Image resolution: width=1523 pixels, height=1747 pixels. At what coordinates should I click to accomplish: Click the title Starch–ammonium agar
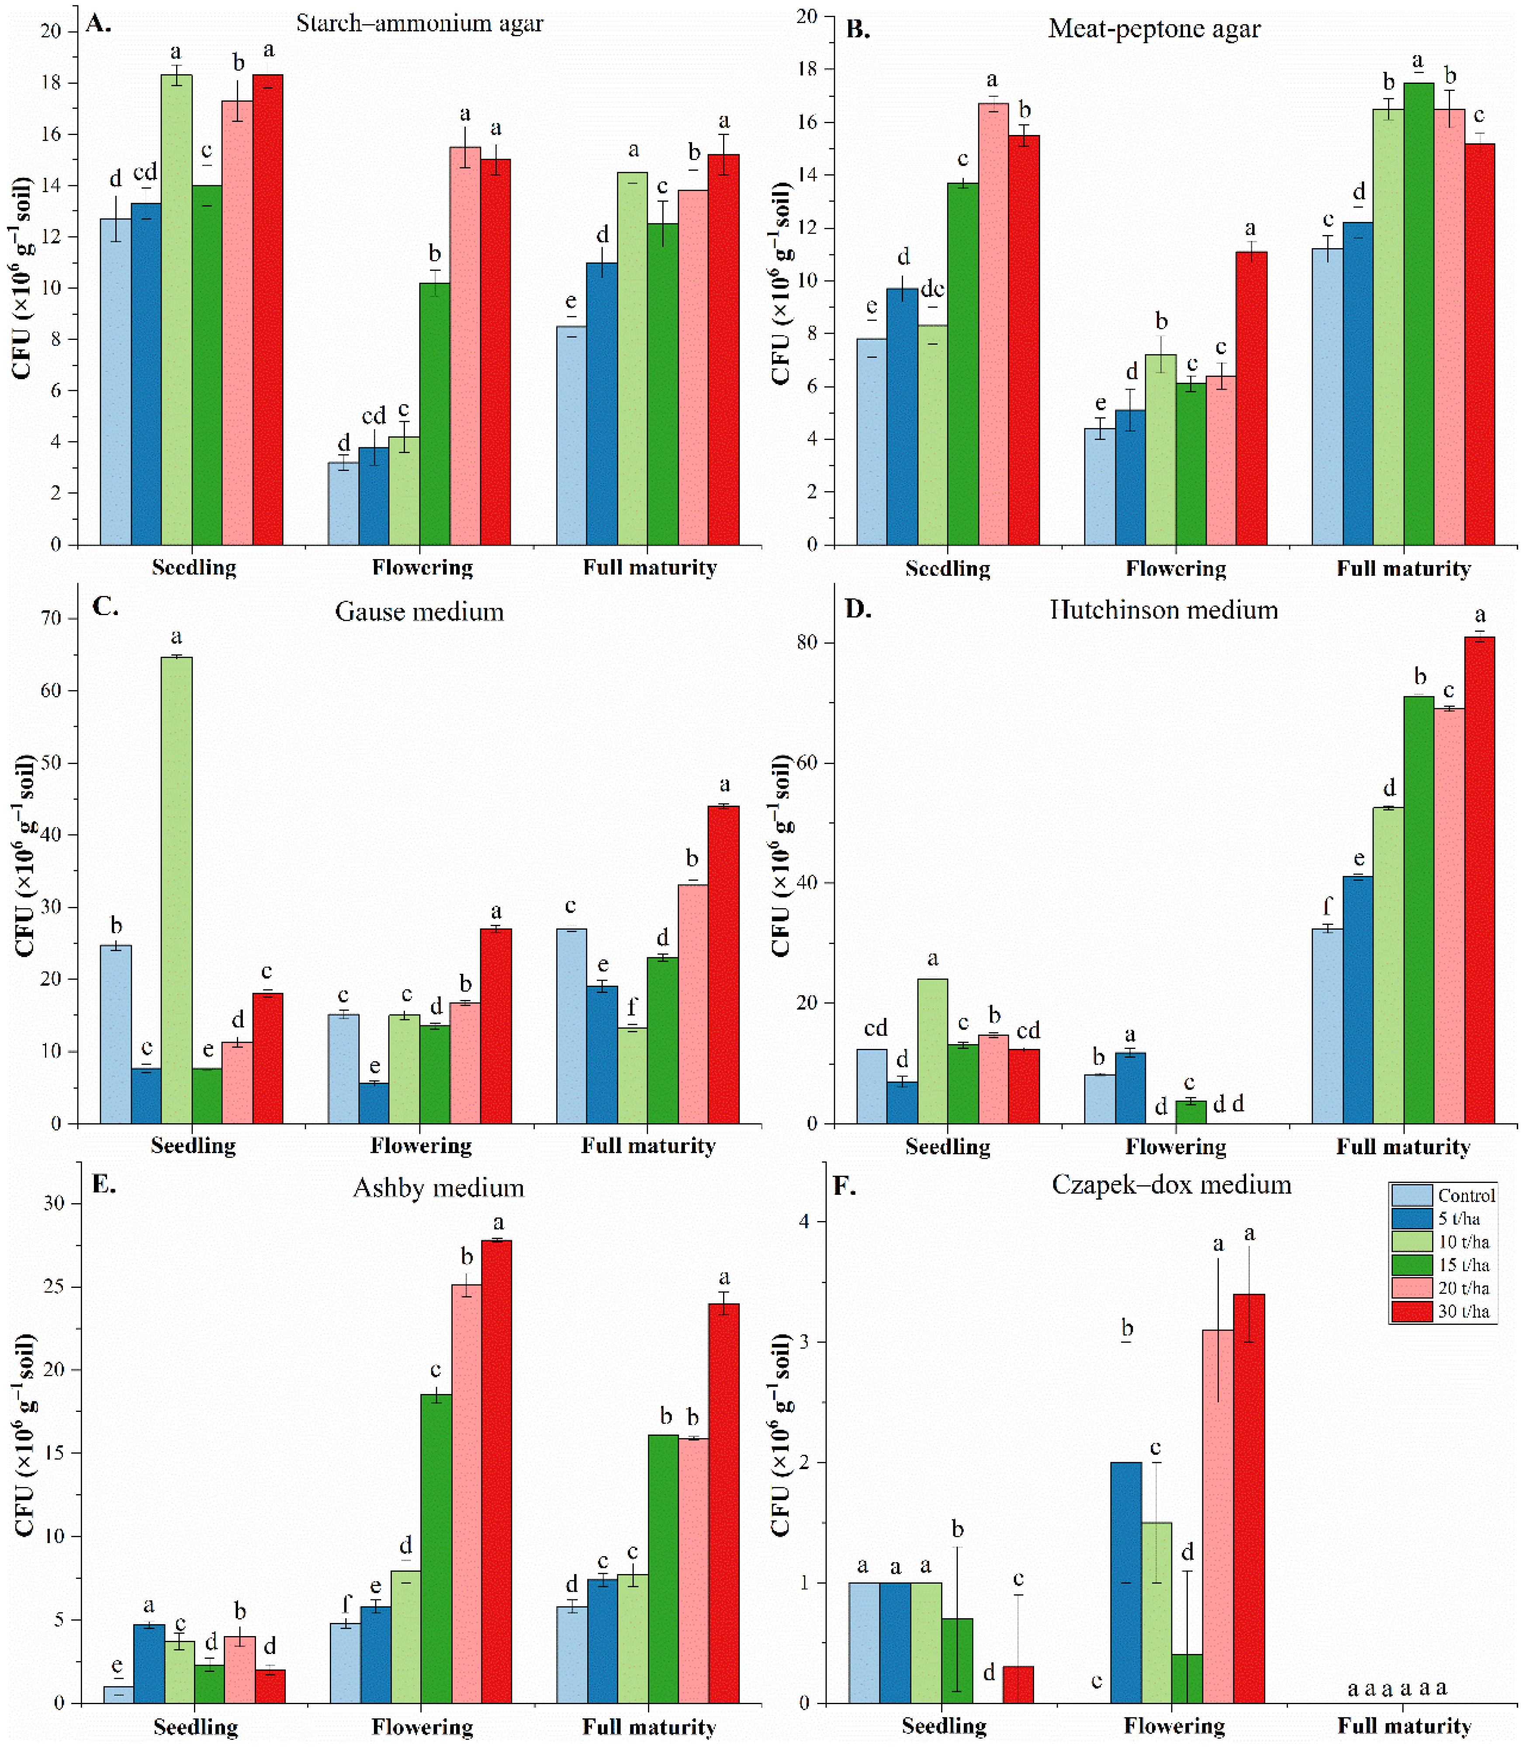point(420,23)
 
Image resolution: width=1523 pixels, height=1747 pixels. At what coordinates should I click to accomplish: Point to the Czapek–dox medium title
point(1171,1184)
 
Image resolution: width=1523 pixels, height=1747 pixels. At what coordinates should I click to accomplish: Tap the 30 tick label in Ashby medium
point(54,1203)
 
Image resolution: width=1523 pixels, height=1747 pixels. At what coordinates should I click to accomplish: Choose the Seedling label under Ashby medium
point(195,1726)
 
